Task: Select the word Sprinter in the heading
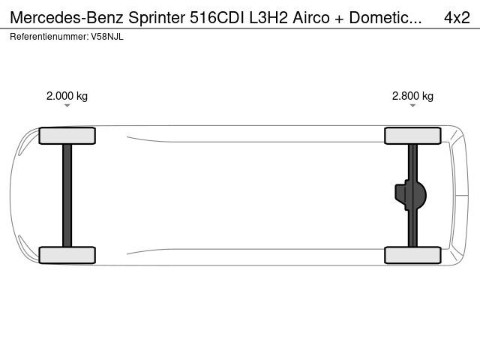(157, 18)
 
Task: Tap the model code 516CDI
(217, 17)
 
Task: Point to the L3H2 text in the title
(268, 17)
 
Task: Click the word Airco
(311, 17)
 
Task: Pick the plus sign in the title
(339, 18)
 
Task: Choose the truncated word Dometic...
(385, 17)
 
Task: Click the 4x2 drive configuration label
(457, 17)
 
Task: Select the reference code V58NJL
(107, 37)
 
